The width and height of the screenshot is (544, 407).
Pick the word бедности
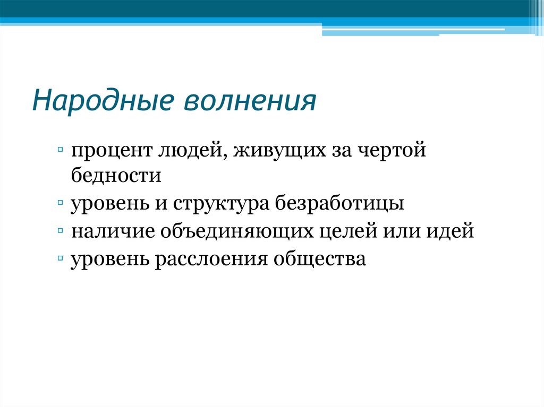pyautogui.click(x=116, y=175)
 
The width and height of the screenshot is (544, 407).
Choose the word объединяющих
pyautogui.click(x=237, y=232)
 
